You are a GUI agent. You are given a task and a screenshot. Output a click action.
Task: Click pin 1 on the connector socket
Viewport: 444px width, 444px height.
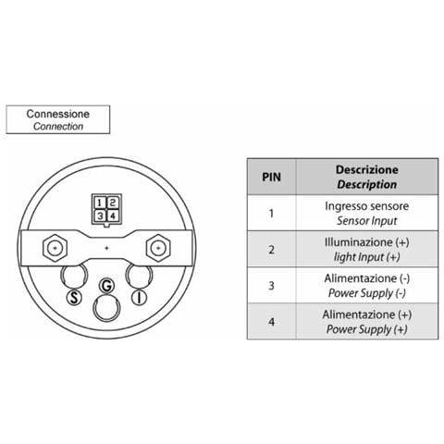[99, 203]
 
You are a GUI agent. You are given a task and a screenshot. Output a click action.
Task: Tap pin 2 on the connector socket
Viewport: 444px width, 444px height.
[113, 203]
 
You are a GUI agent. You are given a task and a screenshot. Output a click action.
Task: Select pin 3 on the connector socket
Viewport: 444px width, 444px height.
[99, 216]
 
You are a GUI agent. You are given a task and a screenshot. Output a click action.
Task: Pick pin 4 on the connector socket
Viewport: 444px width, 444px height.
[113, 216]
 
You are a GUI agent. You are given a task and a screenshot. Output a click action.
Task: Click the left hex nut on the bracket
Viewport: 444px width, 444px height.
[55, 248]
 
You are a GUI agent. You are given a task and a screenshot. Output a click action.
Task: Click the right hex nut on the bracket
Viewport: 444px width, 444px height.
[158, 248]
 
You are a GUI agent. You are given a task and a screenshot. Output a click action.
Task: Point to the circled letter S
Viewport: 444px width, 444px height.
[74, 298]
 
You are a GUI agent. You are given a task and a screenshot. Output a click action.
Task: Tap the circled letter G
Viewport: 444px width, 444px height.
[106, 286]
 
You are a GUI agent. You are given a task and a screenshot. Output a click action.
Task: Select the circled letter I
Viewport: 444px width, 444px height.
[139, 298]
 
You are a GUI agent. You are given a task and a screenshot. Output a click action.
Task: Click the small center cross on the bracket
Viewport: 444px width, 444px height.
[106, 248]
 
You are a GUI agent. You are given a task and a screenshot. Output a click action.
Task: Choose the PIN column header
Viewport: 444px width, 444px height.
[271, 177]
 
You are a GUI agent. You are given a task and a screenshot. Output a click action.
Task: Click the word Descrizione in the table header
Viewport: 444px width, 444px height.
[367, 169]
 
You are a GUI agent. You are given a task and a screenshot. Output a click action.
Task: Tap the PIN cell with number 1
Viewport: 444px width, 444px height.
[271, 213]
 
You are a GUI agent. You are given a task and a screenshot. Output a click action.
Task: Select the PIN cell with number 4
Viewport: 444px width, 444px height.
[271, 322]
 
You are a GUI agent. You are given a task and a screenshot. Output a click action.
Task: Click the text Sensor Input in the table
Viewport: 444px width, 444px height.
[367, 221]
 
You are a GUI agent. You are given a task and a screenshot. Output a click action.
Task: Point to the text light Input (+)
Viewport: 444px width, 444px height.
[367, 257]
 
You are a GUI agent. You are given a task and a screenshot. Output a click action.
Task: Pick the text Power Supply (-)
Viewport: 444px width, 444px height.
[367, 293]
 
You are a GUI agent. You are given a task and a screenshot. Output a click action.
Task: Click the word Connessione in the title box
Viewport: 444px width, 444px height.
[58, 114]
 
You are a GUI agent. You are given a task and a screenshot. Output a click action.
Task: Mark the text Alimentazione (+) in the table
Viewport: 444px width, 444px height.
[367, 314]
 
